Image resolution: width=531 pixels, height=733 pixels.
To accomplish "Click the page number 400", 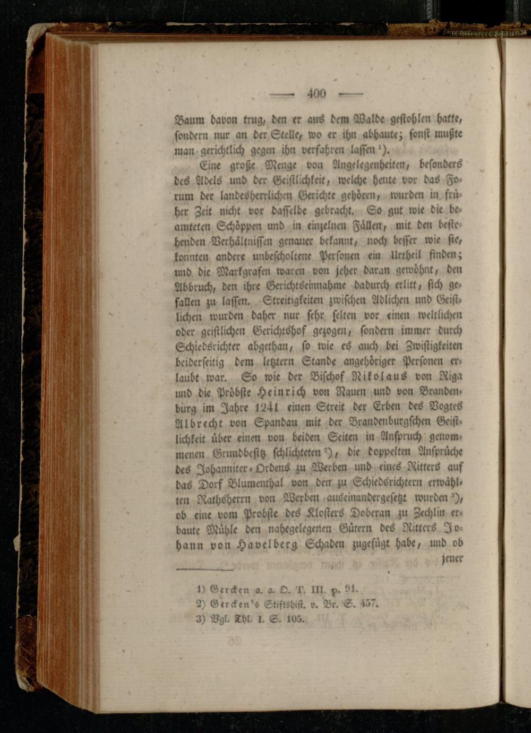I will click(316, 93).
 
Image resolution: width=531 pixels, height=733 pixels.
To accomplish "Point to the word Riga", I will click(451, 377).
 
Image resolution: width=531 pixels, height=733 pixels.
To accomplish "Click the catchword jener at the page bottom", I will click(452, 558).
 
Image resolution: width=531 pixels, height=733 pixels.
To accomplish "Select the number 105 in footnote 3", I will click(294, 618).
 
